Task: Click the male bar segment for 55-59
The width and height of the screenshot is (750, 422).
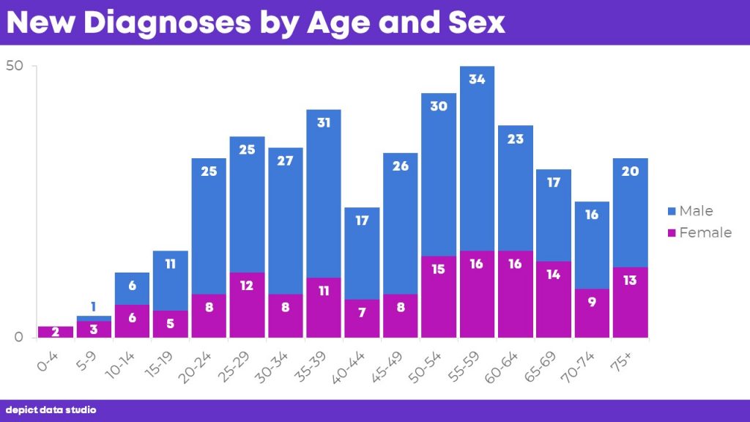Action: pos(477,158)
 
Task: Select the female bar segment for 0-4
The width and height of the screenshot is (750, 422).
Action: pos(56,332)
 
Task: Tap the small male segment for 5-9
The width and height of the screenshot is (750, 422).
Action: pos(94,318)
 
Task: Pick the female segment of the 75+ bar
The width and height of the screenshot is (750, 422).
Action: pos(631,303)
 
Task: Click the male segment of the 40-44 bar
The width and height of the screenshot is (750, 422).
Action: pos(362,253)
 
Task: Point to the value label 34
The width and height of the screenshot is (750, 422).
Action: pos(477,79)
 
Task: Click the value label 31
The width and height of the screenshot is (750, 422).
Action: pos(324,122)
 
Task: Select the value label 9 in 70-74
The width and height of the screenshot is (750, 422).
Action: pos(592,302)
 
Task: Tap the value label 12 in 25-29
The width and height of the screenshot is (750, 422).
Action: pos(247,286)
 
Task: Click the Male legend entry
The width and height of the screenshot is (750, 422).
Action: pos(690,211)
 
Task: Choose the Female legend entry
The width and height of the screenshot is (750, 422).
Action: pos(699,232)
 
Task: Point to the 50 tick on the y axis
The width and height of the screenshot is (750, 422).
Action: pos(15,65)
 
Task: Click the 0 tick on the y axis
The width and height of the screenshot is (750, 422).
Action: pos(18,337)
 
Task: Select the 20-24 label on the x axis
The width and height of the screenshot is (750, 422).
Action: pos(195,368)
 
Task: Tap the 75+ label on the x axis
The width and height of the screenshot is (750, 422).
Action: pos(621,362)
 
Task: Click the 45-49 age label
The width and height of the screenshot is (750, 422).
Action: pos(387,368)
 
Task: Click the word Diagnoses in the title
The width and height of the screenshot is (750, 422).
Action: pos(167,23)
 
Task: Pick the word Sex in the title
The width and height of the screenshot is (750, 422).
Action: pos(476,23)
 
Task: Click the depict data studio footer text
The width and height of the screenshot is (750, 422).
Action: pos(51,410)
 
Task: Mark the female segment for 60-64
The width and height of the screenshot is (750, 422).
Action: pos(516,295)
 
